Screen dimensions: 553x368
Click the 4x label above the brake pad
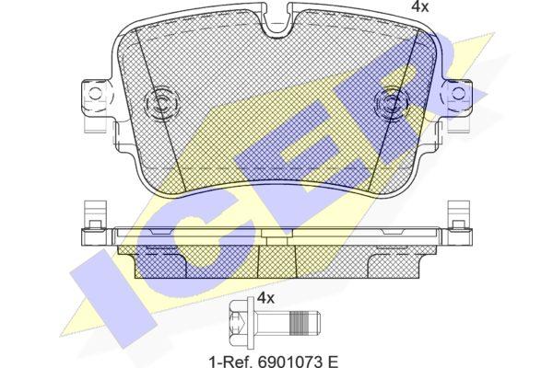pos(420,6)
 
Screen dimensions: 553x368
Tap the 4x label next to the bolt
pos(265,298)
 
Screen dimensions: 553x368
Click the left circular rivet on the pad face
pos(160,103)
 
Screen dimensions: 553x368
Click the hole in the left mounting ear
pos(95,94)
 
